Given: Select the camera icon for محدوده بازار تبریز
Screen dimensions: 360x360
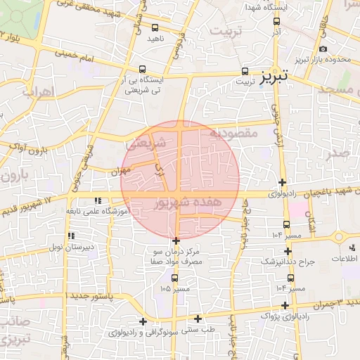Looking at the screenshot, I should tap(323, 49).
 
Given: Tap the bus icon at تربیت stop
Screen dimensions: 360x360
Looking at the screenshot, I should tap(245, 71).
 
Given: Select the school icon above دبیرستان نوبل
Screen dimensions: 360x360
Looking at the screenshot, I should tap(70, 236).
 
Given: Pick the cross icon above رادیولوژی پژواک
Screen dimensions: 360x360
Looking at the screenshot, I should tap(285, 305).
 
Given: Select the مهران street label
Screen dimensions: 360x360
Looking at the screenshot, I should tap(120, 170).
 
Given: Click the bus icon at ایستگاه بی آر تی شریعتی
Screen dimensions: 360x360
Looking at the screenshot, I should tap(143, 70).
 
